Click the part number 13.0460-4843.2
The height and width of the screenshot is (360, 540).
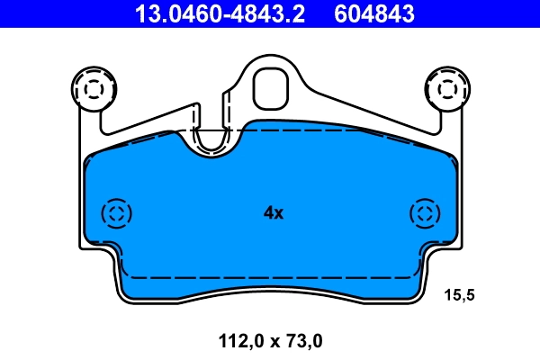click(x=206, y=13)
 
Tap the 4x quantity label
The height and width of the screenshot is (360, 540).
click(x=273, y=213)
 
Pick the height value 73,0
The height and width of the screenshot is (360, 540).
click(x=302, y=341)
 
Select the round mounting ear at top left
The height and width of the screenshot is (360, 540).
click(x=93, y=87)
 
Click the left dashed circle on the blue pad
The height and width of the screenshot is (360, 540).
click(x=117, y=213)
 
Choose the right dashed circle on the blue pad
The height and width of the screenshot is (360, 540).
click(x=424, y=213)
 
